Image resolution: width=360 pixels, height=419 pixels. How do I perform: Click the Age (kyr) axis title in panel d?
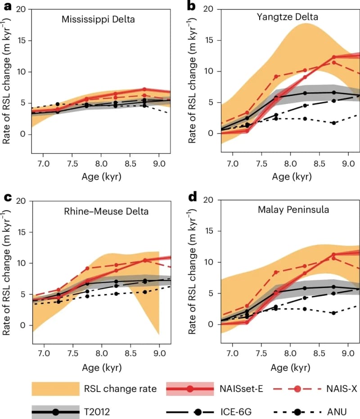(290, 367)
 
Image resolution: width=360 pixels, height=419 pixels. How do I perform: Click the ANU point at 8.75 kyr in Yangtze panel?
(333, 123)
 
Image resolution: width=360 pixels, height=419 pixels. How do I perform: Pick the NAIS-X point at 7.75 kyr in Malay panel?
(276, 272)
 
